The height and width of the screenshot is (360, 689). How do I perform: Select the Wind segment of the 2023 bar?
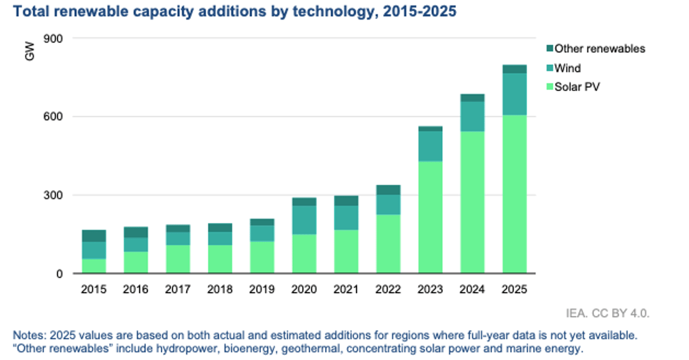(x=430, y=146)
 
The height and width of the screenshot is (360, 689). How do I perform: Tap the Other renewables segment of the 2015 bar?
(x=94, y=235)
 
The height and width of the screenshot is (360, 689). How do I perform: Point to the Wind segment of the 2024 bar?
(x=473, y=116)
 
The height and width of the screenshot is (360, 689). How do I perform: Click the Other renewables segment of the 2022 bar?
(x=388, y=189)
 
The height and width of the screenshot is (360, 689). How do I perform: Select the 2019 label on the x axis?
(x=262, y=289)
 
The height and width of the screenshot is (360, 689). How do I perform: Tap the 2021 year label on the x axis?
(x=346, y=289)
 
